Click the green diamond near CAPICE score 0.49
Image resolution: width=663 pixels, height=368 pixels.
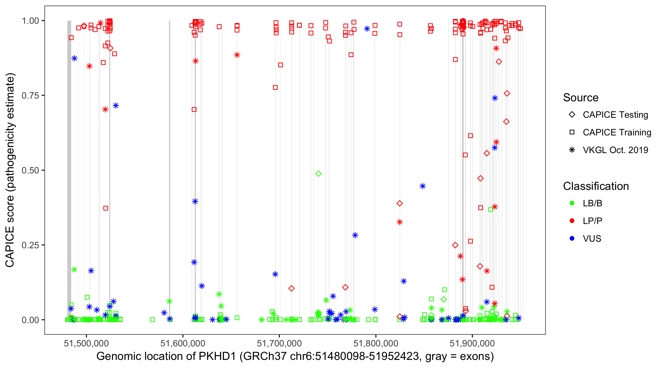318,174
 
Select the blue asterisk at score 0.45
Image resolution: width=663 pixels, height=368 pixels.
423,186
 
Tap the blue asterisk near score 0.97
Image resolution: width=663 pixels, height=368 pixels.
367,29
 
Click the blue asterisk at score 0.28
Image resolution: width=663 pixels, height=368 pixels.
355,235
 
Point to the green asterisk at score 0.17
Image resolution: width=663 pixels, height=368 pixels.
74,270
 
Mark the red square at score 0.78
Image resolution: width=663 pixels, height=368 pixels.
275,87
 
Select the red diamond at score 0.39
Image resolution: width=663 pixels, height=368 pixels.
400,203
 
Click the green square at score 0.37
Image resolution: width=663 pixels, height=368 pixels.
491,210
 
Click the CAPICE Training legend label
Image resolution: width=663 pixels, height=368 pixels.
617,132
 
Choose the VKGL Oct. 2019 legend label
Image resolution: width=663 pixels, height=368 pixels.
615,150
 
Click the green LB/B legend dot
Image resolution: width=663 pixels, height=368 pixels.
572,203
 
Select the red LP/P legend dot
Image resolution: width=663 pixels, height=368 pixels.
572,221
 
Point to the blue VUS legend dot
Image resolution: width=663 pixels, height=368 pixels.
572,238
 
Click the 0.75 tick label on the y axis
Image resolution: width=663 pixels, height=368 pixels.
30,96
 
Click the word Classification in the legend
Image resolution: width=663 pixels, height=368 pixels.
596,186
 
